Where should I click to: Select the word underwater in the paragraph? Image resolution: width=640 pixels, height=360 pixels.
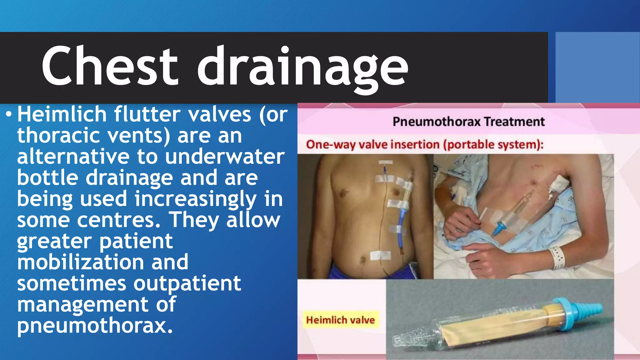point(225,157)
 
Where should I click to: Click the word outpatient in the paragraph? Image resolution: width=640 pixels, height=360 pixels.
point(187,283)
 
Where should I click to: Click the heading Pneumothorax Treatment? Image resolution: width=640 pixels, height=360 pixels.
point(468,122)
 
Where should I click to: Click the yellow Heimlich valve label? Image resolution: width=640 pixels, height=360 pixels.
point(340,320)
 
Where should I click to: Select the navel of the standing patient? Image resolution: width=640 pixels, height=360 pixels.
point(362,259)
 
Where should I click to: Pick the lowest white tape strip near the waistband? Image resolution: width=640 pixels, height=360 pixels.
point(380,256)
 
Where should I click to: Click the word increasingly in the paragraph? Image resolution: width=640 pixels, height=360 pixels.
point(196,199)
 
